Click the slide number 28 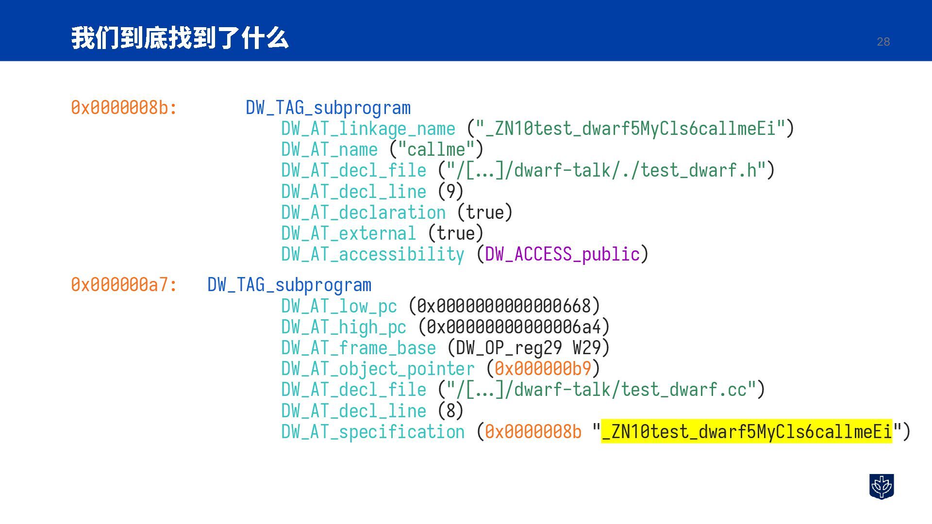[883, 42]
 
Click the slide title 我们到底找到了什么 [180, 38]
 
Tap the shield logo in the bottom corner [881, 486]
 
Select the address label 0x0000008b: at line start [124, 108]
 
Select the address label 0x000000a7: [124, 285]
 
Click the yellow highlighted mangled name [747, 431]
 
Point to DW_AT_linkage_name [368, 129]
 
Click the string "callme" [436, 149]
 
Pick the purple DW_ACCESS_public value [562, 254]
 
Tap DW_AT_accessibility [372, 254]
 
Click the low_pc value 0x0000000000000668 [504, 306]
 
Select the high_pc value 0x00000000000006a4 [514, 327]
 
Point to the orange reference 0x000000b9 [543, 369]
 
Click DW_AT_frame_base [358, 348]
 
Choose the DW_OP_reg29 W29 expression [528, 348]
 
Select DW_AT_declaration [363, 213]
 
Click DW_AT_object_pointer [378, 369]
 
